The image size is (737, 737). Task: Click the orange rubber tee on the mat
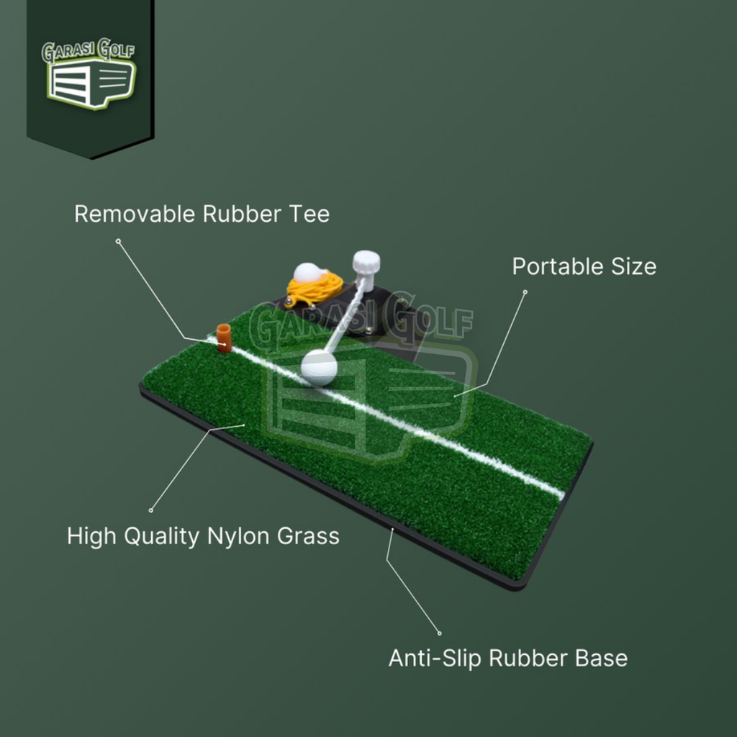[x=224, y=338]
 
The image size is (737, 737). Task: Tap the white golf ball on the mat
[x=319, y=367]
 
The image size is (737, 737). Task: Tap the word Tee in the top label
[x=310, y=214]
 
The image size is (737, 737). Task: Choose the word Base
[x=602, y=659]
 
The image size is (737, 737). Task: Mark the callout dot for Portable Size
[x=525, y=292]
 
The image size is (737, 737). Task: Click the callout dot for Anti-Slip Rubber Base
[x=440, y=633]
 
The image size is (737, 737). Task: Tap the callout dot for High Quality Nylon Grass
[x=150, y=510]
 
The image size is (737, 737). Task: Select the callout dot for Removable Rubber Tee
[x=118, y=241]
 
